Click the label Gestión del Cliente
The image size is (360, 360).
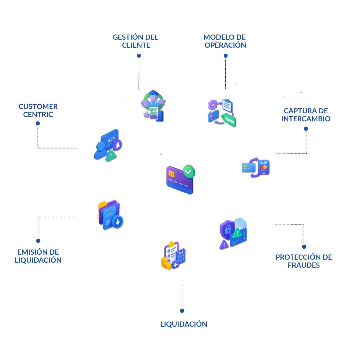click(136, 41)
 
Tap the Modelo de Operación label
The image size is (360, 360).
click(225, 41)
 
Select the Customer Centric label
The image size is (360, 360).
click(38, 110)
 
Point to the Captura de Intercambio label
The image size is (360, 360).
click(306, 115)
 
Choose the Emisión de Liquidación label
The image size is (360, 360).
click(38, 256)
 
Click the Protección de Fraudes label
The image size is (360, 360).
click(304, 261)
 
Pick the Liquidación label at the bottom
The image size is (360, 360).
click(184, 324)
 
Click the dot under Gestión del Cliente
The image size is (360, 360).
click(139, 56)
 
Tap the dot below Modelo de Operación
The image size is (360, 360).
click(226, 56)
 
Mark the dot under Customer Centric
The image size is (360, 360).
click(38, 123)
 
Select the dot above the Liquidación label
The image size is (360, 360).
click(182, 311)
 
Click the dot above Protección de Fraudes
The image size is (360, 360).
click(304, 247)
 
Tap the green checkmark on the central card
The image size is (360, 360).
click(189, 172)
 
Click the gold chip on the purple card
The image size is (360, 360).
click(172, 173)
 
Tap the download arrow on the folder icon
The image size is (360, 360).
click(117, 221)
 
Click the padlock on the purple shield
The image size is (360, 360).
click(228, 229)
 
